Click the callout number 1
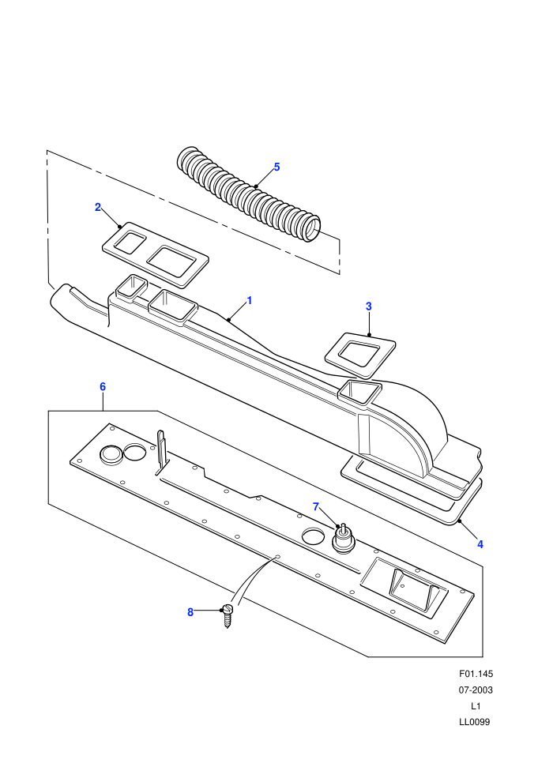coord(250,301)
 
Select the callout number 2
coord(98,207)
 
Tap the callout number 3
coord(368,306)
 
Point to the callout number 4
coord(480,544)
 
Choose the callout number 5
coord(276,167)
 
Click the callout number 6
coord(103,386)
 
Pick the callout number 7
coord(316,506)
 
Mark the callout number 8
coord(190,612)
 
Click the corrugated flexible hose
coord(248,194)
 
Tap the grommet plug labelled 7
coord(343,540)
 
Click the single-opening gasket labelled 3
coord(360,355)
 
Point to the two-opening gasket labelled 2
coord(155,255)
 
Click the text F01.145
coord(476,674)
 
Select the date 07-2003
coord(476,690)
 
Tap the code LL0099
coord(475,722)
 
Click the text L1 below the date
coord(476,705)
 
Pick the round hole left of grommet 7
coord(313,536)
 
